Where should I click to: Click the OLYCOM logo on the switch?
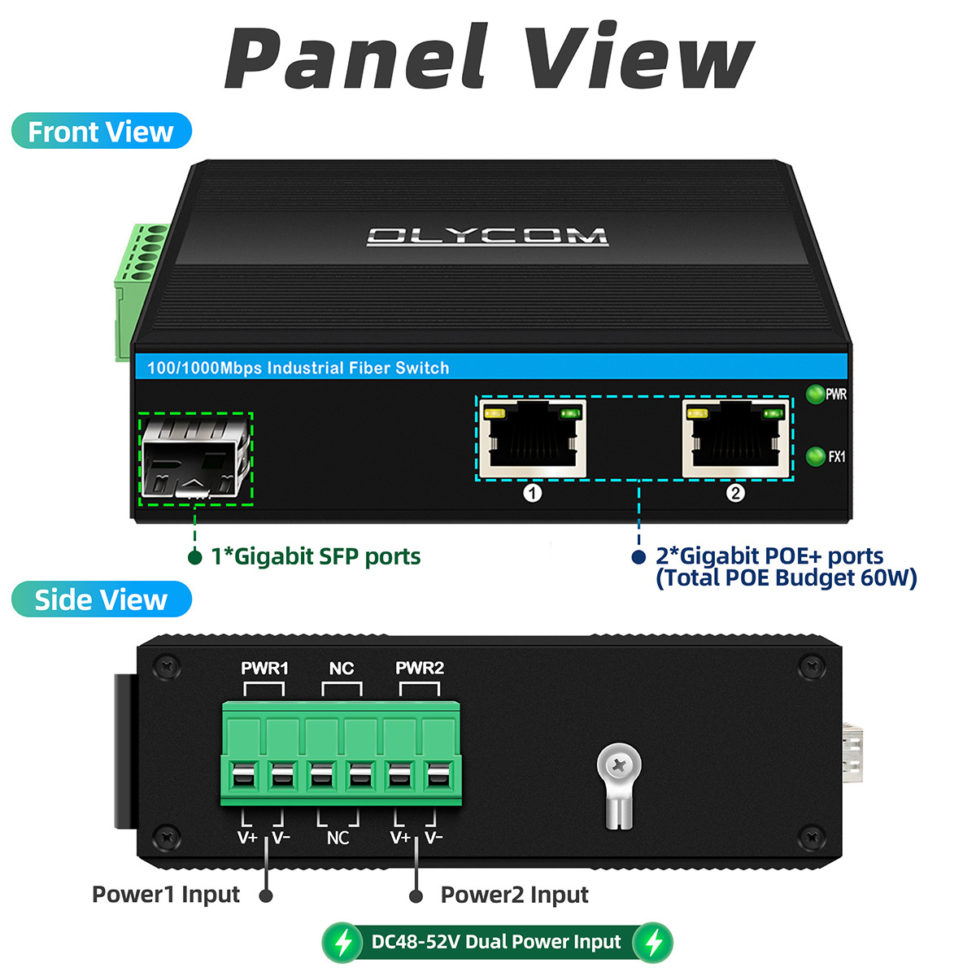pos(487,237)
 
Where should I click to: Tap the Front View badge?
pos(102,131)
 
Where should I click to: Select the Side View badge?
pos(102,599)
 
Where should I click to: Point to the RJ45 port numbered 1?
pos(532,438)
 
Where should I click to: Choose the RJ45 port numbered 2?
pos(736,438)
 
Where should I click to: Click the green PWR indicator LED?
pos(815,394)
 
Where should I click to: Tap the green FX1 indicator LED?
pos(815,456)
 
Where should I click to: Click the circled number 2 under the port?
pos(735,493)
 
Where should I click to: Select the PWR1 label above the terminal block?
pos(264,669)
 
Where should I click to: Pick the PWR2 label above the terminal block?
pos(420,668)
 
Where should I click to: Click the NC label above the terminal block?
pos(342,669)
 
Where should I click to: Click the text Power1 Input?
pos(166,895)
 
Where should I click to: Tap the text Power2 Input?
pos(515,895)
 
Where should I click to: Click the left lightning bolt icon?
pos(344,943)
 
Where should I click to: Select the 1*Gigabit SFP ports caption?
pos(316,556)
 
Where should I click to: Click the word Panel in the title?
pos(356,56)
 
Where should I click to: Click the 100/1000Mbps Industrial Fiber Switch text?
pos(298,368)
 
